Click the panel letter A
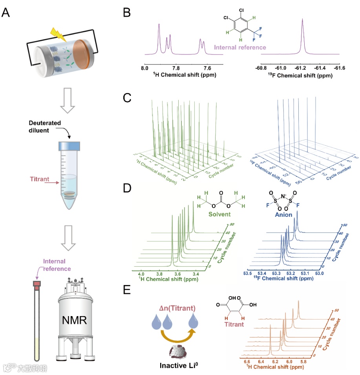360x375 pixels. (x=6, y=13)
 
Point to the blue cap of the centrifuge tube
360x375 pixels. (x=69, y=146)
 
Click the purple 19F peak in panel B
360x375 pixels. (x=302, y=35)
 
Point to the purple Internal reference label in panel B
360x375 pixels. (x=240, y=48)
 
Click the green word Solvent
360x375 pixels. (x=219, y=214)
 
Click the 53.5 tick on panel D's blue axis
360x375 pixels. (x=248, y=273)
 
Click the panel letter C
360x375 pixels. (x=127, y=98)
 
